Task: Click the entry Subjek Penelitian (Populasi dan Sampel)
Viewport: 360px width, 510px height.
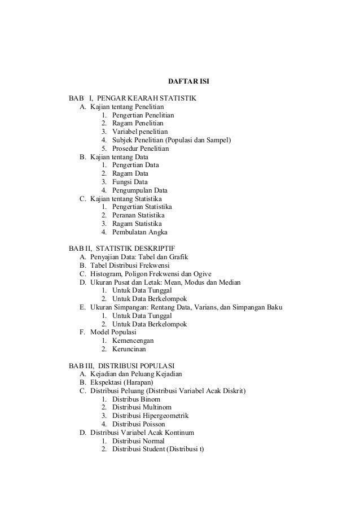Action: tap(171, 140)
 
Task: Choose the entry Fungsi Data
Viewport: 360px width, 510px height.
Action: tap(130, 182)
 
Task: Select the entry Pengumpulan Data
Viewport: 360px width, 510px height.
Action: tap(139, 190)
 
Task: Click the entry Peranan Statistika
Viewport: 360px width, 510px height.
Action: tap(138, 216)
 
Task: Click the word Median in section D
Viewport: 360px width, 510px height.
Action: tap(229, 282)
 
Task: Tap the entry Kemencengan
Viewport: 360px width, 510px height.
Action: tap(133, 341)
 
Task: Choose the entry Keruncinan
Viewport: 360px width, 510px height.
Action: tap(129, 349)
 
